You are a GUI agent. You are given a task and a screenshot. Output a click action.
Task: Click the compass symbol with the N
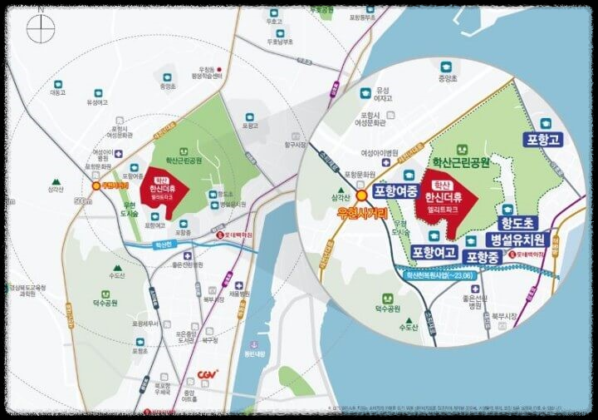point(39,28)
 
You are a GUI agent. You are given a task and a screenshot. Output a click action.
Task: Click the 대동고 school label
point(57,92)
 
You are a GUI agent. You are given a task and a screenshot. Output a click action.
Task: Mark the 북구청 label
point(209,340)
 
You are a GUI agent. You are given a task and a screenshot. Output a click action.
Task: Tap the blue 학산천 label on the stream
point(163,245)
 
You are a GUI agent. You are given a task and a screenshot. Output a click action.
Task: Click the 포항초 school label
point(139,351)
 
